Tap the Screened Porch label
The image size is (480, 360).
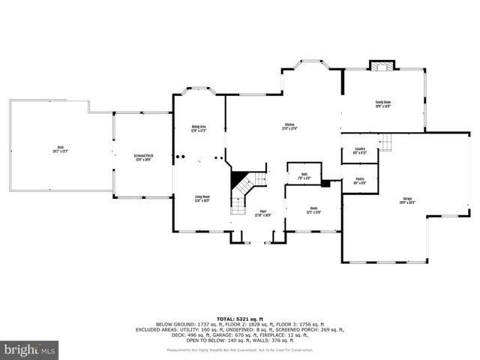[x=143, y=157]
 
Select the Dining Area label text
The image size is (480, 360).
[x=199, y=129]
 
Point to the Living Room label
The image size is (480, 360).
[x=201, y=199]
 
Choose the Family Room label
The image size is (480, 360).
[x=383, y=104]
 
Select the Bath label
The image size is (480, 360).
[x=304, y=177]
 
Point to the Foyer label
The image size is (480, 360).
[x=263, y=213]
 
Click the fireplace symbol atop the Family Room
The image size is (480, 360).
[x=383, y=65]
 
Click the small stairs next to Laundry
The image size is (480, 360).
[x=385, y=142]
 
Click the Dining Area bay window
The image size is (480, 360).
[x=199, y=91]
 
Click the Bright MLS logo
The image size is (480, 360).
[x=30, y=349]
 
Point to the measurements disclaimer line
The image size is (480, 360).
[x=240, y=349]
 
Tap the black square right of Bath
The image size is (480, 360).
[x=325, y=182]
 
